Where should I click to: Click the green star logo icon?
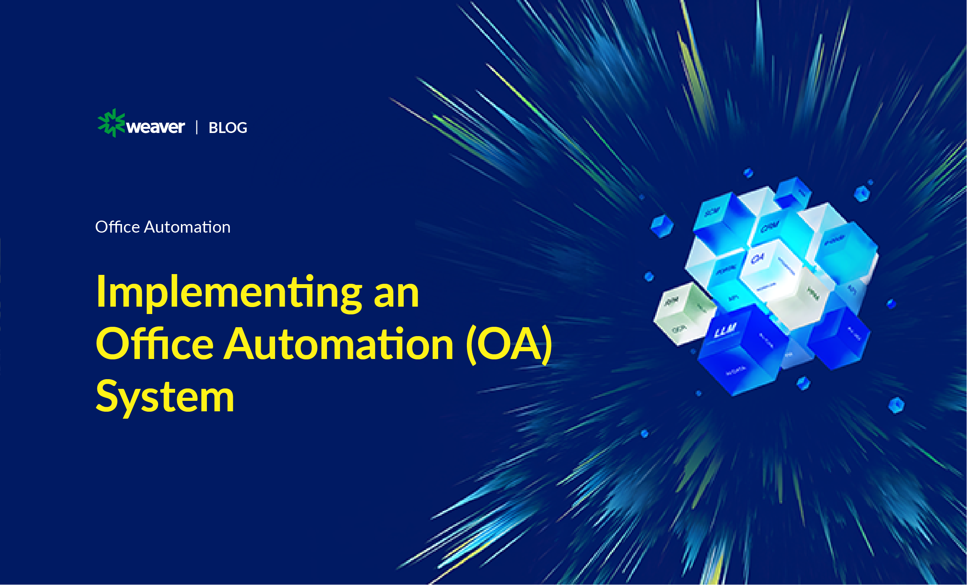[x=111, y=123]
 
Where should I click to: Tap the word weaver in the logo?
[x=156, y=127]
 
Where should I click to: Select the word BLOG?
[x=228, y=128]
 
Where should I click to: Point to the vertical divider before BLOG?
[x=197, y=128]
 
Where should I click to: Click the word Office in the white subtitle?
[x=117, y=227]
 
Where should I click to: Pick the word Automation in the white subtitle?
[x=187, y=227]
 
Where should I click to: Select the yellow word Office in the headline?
[x=155, y=345]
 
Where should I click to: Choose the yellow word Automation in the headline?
[x=339, y=345]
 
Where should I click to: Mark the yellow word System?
[x=165, y=397]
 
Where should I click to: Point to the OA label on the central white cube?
[x=757, y=259]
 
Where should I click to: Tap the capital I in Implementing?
[x=101, y=291]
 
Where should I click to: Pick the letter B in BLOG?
[x=213, y=128]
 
